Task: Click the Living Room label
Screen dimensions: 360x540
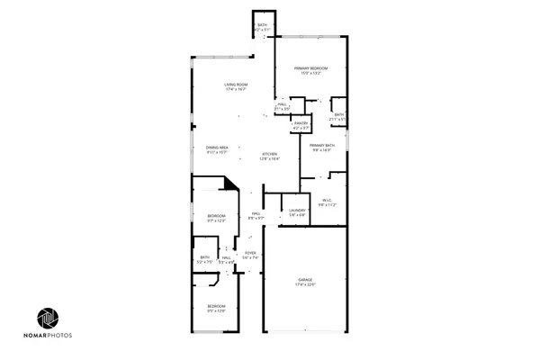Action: click(236, 85)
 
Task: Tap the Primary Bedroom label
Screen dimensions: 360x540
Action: click(310, 68)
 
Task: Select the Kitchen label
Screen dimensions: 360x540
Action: click(269, 154)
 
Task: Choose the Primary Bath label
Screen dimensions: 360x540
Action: click(322, 145)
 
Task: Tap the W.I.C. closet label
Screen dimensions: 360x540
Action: click(327, 201)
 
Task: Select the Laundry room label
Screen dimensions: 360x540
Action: click(297, 211)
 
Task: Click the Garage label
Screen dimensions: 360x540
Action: click(305, 281)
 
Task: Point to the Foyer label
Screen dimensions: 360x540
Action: click(250, 253)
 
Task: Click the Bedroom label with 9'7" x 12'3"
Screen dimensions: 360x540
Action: click(216, 216)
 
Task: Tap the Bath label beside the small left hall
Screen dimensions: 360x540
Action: click(205, 257)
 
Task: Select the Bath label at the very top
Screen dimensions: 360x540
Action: click(262, 25)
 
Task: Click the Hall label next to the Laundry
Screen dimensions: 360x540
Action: click(256, 213)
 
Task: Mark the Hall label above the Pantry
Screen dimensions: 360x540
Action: click(282, 104)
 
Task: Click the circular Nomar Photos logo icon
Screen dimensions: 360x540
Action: click(49, 319)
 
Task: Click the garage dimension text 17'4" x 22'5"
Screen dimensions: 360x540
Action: click(305, 285)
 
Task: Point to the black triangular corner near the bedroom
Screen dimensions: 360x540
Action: click(231, 183)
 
